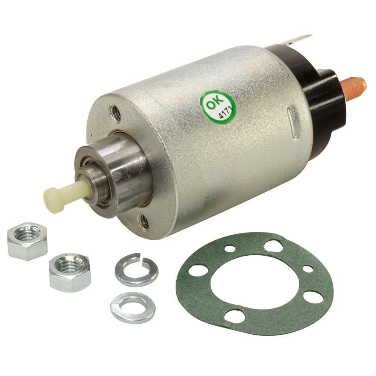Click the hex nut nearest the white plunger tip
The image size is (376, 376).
click(x=27, y=241)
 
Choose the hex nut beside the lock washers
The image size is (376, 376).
click(x=70, y=272)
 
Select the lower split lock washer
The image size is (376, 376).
click(x=133, y=308)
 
